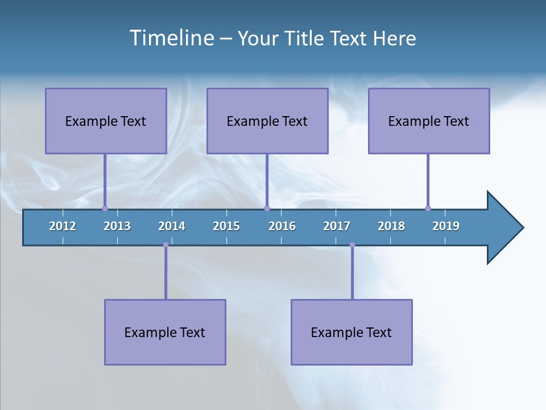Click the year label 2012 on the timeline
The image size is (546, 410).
click(63, 226)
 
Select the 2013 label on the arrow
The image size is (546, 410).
click(117, 226)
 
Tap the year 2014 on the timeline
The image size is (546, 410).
click(172, 226)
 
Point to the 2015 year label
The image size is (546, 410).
click(226, 226)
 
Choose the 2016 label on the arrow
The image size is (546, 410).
click(282, 226)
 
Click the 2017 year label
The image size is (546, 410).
click(337, 226)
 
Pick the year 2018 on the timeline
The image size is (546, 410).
click(391, 226)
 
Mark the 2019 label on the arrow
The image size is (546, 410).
click(446, 226)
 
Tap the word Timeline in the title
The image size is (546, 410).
click(170, 38)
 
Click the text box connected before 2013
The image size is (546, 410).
click(106, 121)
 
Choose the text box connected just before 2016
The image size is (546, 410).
click(267, 121)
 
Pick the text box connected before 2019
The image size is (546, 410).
click(429, 121)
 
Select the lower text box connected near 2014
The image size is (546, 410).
click(165, 332)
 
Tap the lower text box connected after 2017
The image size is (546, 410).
click(351, 332)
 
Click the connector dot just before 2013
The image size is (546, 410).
click(105, 208)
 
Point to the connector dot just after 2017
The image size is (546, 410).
click(352, 245)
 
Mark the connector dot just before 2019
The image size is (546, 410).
click(428, 208)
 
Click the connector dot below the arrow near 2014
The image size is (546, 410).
click(166, 245)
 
